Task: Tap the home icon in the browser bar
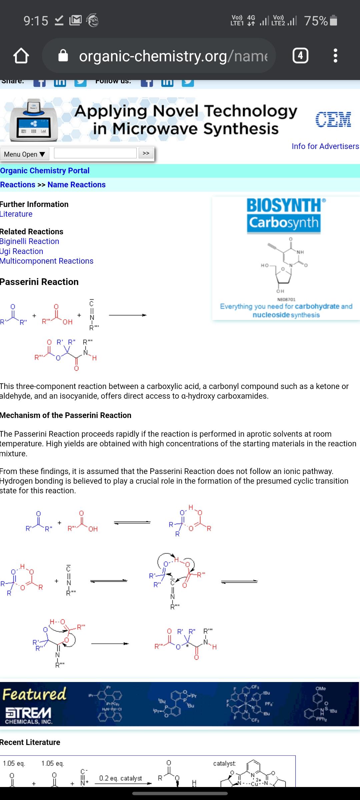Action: coord(21,56)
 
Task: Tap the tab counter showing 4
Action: coord(300,56)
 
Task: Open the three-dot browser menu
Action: coord(335,56)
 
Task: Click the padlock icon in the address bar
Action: coord(63,56)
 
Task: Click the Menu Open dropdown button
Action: coord(25,154)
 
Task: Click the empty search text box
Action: coord(95,153)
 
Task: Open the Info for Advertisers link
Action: coord(325,146)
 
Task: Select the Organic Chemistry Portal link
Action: coord(45,171)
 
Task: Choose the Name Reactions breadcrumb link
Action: coord(76,185)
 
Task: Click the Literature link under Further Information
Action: coord(16,214)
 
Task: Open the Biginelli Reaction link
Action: coord(29,241)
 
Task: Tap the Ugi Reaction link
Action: coord(22,251)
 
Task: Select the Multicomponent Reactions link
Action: coord(47,261)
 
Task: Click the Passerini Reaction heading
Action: coord(39,282)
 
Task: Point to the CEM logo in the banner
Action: coord(333,120)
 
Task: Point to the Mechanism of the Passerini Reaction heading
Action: coord(66,415)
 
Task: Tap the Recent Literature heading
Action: coord(30,742)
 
